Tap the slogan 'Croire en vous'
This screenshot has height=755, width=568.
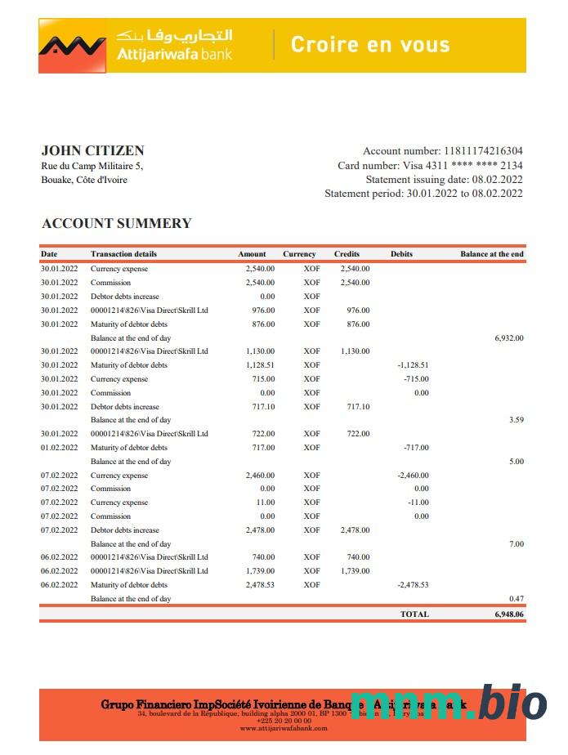tap(370, 44)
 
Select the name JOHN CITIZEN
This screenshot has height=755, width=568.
tap(92, 150)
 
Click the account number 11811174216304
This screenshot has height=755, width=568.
tap(483, 151)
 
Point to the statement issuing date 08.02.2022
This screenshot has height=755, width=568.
tap(496, 180)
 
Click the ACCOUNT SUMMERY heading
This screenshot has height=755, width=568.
tap(117, 223)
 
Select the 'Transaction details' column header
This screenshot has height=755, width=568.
tap(123, 254)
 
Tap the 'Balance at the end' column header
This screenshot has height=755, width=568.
tap(491, 254)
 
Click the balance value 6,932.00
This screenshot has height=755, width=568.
tap(508, 337)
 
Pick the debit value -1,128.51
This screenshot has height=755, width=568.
tap(413, 365)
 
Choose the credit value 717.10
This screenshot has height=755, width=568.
tap(358, 407)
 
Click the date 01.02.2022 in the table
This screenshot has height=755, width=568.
tap(60, 448)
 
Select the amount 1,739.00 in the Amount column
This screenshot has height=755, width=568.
tap(260, 571)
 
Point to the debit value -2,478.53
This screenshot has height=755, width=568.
tap(413, 585)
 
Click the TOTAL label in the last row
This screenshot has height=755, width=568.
tap(414, 614)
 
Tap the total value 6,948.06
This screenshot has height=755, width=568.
tap(508, 614)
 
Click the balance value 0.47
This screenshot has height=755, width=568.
tap(516, 599)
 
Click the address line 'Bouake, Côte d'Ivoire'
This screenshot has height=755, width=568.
tap(84, 180)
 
